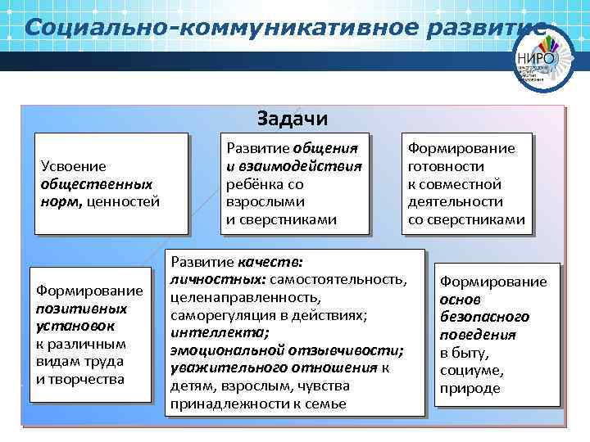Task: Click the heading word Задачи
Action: [293, 119]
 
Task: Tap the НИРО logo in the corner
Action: [536, 58]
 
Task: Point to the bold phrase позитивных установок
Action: [81, 317]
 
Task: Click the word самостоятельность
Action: [352, 280]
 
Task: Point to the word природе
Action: [469, 388]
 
